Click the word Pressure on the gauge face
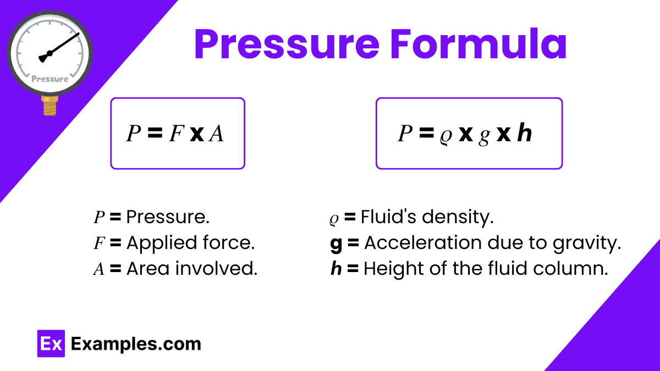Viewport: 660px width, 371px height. pyautogui.click(x=50, y=79)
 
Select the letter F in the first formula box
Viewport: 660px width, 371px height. pyautogui.click(x=175, y=134)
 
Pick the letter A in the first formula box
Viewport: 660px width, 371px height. pyautogui.click(x=216, y=134)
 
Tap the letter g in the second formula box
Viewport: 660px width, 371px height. pyautogui.click(x=483, y=135)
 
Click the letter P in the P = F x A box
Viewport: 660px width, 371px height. pyautogui.click(x=133, y=134)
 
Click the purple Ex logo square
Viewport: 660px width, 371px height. pyautogui.click(x=51, y=344)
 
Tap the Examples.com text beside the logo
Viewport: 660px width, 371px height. pyautogui.click(x=136, y=344)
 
